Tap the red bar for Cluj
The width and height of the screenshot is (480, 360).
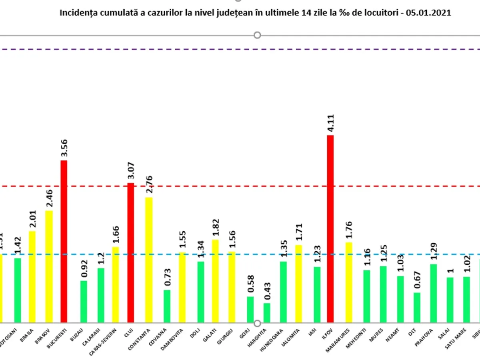click(130, 252)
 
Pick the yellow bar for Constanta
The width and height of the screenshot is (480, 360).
click(148, 260)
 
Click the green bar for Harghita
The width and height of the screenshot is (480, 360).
click(267, 313)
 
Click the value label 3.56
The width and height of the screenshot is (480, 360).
click(64, 149)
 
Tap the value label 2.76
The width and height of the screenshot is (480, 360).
click(148, 186)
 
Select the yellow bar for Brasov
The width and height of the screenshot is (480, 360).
click(49, 266)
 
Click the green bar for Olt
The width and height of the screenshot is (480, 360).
click(417, 307)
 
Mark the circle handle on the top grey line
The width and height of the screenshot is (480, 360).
click(257, 35)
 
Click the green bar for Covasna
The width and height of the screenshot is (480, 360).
click(167, 306)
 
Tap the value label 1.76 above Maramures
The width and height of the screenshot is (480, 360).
click(348, 230)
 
